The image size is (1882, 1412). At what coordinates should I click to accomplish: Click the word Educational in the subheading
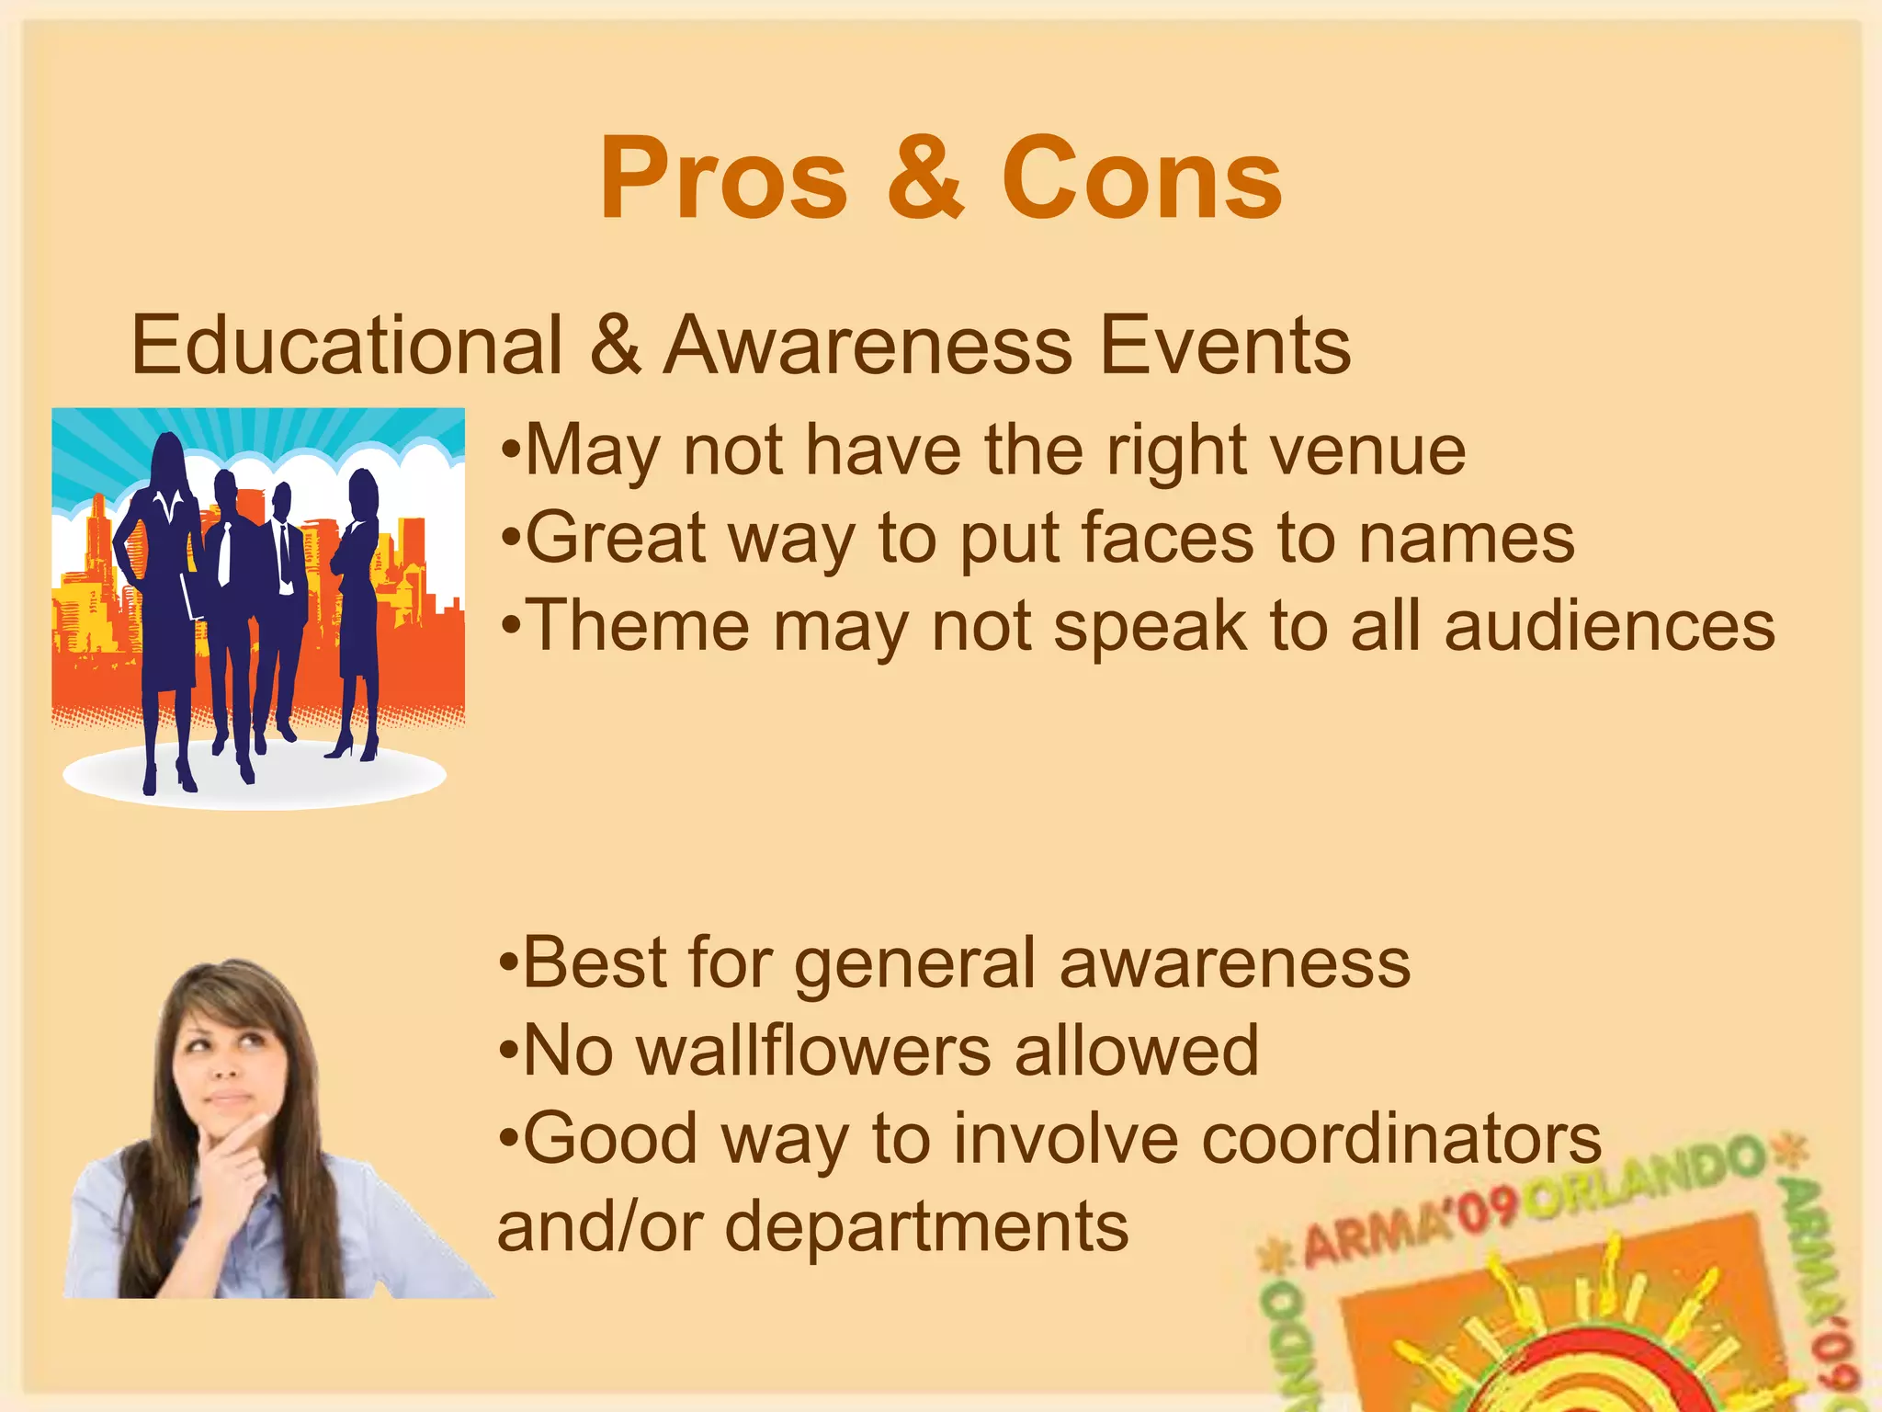[x=346, y=346]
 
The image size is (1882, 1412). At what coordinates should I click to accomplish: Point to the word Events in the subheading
[x=1225, y=346]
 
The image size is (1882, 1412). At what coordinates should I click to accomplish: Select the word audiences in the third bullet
[x=1609, y=626]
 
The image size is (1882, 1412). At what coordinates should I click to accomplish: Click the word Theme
[x=641, y=626]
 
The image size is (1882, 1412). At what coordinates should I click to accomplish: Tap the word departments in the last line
[x=926, y=1226]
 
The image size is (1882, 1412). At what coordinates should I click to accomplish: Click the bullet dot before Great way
[x=511, y=540]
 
